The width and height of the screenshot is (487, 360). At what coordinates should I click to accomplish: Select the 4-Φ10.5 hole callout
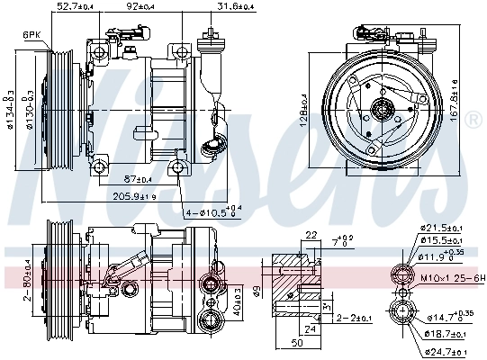212,212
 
